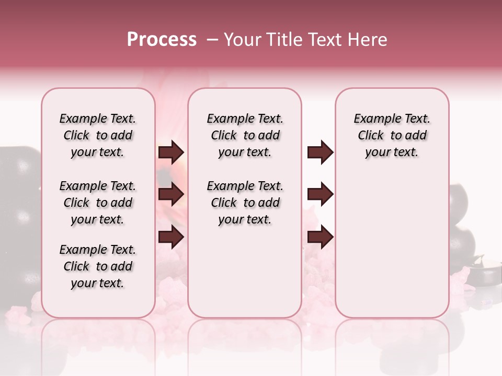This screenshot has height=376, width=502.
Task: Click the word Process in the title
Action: tap(162, 40)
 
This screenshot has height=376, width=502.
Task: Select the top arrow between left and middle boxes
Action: tap(171, 152)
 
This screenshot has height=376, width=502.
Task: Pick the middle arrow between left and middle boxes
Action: tap(171, 194)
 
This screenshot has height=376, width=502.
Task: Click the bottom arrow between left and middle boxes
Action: tap(171, 237)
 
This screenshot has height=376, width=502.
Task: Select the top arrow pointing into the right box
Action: tap(320, 152)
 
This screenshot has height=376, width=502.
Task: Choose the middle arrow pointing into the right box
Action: tap(320, 194)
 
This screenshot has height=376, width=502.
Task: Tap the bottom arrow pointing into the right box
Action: tap(320, 237)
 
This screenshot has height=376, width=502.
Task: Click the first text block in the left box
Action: tap(98, 135)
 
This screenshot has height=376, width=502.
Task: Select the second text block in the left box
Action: tap(98, 203)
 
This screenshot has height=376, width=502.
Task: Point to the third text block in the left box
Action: tap(98, 266)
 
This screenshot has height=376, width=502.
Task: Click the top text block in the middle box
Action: tap(245, 135)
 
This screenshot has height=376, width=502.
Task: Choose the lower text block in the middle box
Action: tap(245, 203)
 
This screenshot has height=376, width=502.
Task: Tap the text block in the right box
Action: tap(392, 135)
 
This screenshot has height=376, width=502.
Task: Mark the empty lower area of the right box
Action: tap(392, 245)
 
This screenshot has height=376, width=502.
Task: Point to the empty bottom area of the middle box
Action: tap(245, 277)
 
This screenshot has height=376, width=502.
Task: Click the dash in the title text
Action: tap(212, 40)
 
